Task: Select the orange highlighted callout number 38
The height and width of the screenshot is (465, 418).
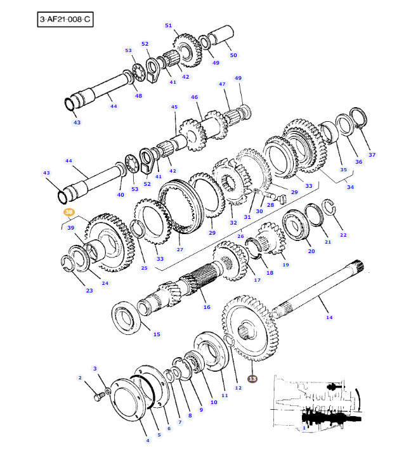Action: point(69,213)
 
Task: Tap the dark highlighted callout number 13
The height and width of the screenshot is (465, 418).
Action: point(252,379)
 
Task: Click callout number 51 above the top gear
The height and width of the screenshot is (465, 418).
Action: point(168,25)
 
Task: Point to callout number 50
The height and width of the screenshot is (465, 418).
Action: point(233,55)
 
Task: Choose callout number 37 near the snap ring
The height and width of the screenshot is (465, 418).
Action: point(372,155)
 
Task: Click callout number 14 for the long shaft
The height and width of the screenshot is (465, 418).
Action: point(329,317)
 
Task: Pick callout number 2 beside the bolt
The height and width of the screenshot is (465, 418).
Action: point(81,378)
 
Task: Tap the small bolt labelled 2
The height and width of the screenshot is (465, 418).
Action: point(98,397)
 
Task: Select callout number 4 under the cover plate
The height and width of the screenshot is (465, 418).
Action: point(147,440)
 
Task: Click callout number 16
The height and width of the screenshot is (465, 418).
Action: point(206,307)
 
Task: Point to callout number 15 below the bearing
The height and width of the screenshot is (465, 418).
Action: point(157,334)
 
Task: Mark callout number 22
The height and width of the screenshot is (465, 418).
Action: point(343,235)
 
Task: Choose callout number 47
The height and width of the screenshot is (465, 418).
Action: point(222,84)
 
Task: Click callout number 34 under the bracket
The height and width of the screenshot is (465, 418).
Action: point(350,187)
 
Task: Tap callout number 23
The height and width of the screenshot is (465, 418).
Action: point(89,291)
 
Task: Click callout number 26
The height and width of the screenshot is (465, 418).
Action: point(240,237)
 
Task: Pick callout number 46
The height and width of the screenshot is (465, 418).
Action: point(195,98)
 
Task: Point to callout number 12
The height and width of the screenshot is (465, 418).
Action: point(238,388)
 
